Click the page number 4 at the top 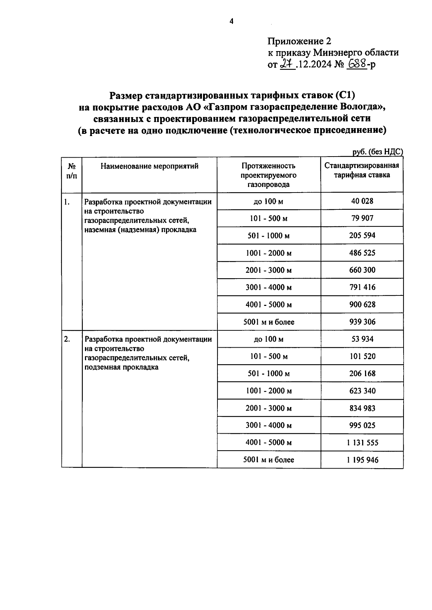pos(231,22)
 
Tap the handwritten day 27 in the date pos(287,64)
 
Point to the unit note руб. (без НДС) pos(377,152)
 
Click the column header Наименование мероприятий pos(149,166)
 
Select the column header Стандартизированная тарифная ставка pos(362,170)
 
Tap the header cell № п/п pos(72,171)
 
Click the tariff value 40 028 pos(362,201)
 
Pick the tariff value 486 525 pos(362,253)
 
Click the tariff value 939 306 pos(362,322)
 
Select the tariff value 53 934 pos(362,339)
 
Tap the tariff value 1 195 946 pos(363,460)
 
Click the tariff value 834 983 pos(362,408)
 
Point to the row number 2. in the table pos(67,339)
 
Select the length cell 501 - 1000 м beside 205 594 pos(269,236)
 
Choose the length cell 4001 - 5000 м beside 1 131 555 pos(269,443)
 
